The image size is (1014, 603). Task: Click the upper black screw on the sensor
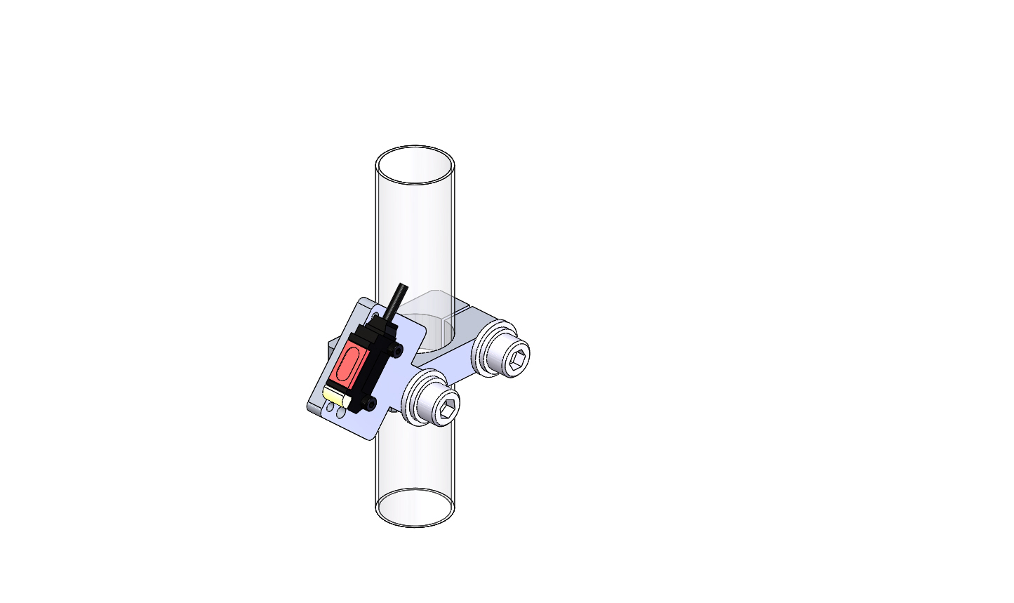pos(398,349)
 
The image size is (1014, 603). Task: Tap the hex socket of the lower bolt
pos(447,409)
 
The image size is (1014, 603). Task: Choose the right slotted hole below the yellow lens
pos(341,413)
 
